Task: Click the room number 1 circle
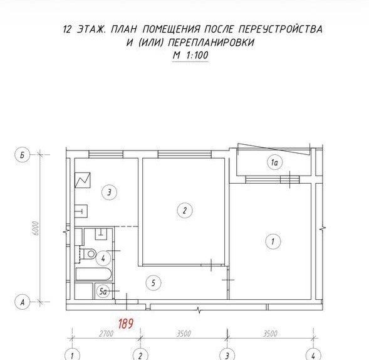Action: click(273, 241)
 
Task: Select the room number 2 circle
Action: click(185, 210)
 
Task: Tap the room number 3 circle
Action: click(109, 193)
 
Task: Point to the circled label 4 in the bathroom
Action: click(103, 258)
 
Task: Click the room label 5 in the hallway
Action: click(153, 283)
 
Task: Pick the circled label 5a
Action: click(103, 292)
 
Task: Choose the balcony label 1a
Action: click(274, 162)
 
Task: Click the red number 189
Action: click(126, 324)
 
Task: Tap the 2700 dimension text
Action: click(106, 334)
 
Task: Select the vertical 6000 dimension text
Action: click(36, 228)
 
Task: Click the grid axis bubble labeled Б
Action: click(23, 156)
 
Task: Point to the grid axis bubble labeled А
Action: click(23, 302)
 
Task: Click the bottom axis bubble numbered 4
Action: click(313, 354)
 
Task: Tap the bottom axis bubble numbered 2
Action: click(140, 354)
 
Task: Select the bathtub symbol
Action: click(94, 274)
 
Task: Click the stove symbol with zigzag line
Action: click(82, 180)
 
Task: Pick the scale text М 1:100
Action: click(190, 55)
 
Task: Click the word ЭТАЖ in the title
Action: click(92, 29)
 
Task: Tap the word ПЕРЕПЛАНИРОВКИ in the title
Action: click(212, 43)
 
